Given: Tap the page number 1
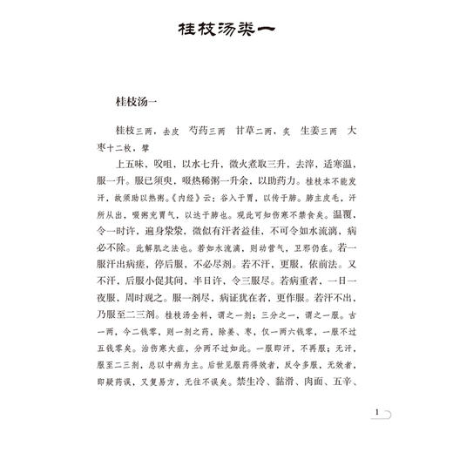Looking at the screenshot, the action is coord(375,415).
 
